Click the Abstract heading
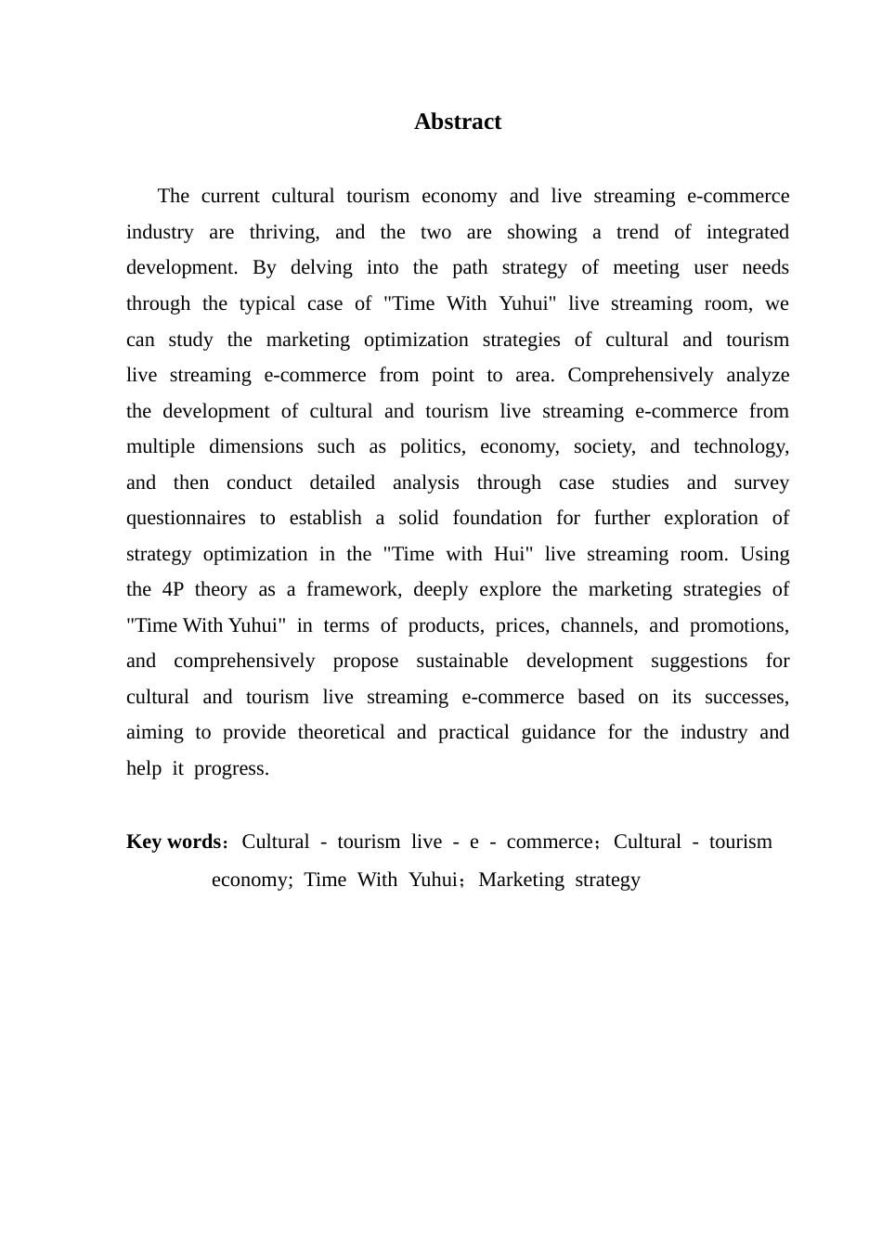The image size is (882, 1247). point(458,122)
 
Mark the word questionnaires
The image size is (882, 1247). point(186,519)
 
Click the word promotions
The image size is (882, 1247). point(739,625)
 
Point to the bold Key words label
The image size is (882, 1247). point(173,842)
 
